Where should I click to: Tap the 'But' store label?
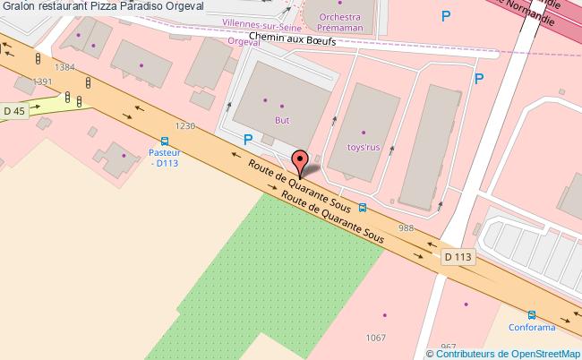coord(282,117)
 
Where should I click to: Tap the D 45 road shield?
coord(13,110)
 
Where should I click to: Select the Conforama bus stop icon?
coord(532,315)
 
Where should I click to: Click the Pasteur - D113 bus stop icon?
coord(164,141)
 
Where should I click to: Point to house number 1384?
coord(64,67)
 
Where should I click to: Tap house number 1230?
coord(185,126)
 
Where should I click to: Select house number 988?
coord(407,228)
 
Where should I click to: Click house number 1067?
coord(375,337)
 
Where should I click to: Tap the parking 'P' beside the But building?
coord(248,140)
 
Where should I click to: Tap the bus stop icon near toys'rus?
coord(362,208)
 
